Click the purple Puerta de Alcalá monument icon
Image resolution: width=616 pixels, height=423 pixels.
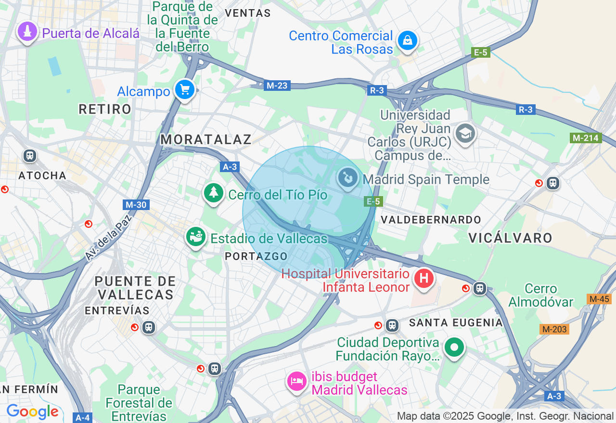click(27, 32)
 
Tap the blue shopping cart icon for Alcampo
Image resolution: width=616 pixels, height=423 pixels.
click(184, 89)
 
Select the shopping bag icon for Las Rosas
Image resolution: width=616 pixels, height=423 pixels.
click(408, 41)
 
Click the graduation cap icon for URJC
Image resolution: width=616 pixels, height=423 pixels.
click(465, 133)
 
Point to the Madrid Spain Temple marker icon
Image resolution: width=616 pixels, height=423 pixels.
click(347, 178)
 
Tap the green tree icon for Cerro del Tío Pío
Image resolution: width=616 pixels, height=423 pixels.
click(213, 193)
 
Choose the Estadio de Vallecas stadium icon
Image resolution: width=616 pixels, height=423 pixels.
click(196, 237)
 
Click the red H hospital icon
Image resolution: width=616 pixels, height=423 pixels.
click(424, 278)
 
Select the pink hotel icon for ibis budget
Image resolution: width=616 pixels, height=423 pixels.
click(297, 382)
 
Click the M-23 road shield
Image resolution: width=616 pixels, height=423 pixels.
click(277, 86)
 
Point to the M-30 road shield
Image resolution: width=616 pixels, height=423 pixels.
click(136, 205)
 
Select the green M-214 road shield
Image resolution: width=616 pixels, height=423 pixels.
click(586, 138)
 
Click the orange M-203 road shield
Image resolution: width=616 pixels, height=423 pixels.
click(554, 329)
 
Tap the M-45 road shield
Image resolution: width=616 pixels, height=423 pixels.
click(599, 299)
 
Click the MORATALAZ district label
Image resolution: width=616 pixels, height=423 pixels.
click(206, 139)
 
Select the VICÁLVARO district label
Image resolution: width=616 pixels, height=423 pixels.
click(510, 237)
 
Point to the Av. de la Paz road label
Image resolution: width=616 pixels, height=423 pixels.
click(108, 238)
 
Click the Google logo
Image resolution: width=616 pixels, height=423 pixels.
click(32, 412)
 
